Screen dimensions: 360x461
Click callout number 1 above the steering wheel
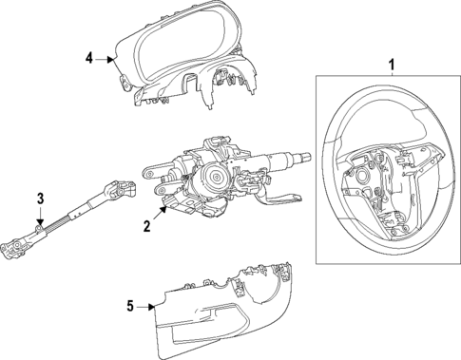coord(389,64)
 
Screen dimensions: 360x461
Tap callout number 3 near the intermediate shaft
coord(41,198)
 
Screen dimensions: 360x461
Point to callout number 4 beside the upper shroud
coord(89,58)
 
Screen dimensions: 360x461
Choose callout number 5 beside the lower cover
coord(130,305)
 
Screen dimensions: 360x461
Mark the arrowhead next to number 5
coord(152,306)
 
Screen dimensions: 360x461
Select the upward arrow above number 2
coord(163,211)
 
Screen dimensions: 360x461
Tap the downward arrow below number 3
coord(41,220)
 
